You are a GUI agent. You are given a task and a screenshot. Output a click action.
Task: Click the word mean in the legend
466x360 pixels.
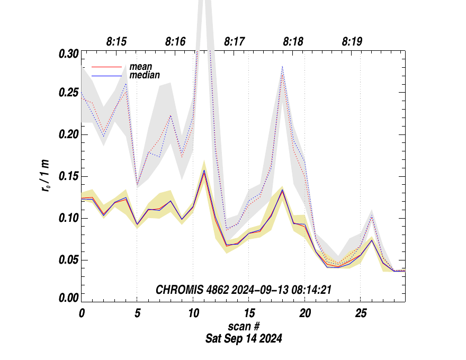[141, 67]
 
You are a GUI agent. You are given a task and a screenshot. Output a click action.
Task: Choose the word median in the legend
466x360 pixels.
[145, 75]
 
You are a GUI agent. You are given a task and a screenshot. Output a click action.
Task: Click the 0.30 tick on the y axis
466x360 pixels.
[69, 53]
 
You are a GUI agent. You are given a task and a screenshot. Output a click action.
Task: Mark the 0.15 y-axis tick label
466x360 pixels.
[69, 176]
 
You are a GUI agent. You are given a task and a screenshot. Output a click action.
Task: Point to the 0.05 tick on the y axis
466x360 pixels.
[69, 260]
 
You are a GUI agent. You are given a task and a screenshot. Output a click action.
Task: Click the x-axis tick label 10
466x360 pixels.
[193, 313]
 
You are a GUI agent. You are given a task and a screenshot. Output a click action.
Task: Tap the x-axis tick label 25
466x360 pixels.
[360, 313]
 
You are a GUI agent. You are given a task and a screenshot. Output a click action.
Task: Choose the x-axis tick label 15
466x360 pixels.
[248, 313]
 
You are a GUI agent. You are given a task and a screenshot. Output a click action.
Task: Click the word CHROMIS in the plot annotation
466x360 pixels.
[176, 290]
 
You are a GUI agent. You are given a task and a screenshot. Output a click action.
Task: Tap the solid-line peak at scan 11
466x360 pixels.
[204, 171]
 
